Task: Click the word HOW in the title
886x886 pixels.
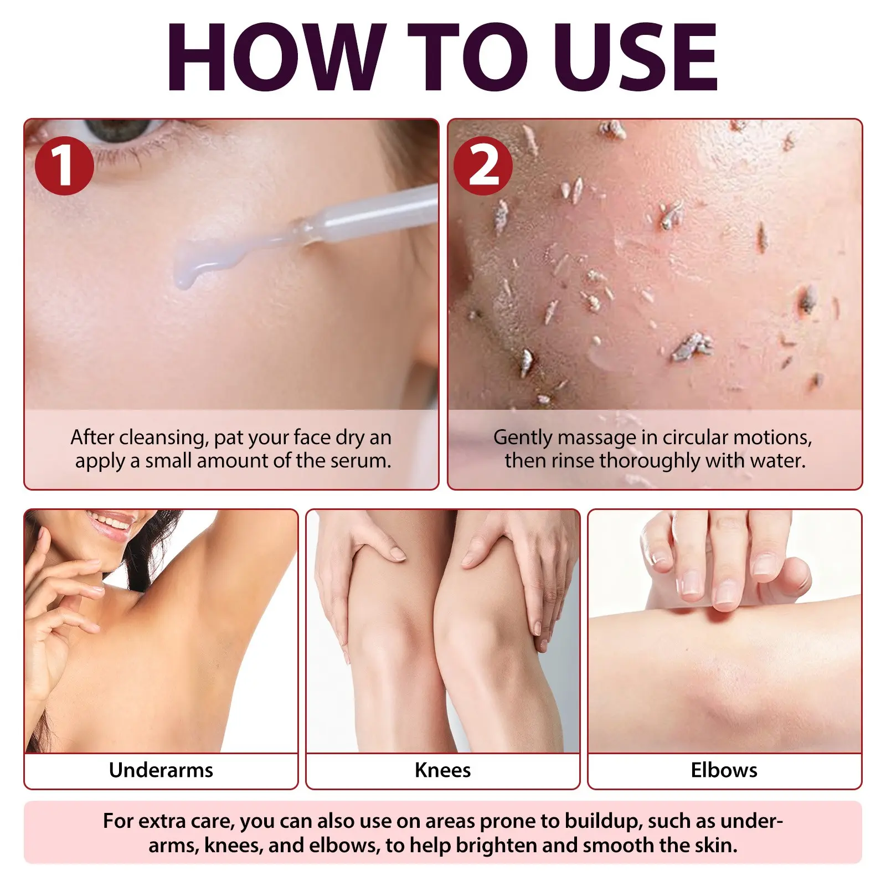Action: click(x=276, y=57)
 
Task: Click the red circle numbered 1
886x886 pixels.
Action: click(x=64, y=166)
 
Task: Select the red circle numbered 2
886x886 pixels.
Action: click(x=483, y=166)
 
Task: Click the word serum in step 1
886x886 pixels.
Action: click(x=360, y=461)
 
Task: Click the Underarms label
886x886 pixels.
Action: click(x=161, y=770)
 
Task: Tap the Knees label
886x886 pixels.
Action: click(x=442, y=770)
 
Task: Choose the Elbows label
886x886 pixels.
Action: click(x=724, y=770)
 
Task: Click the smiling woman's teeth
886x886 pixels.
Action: click(x=111, y=522)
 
